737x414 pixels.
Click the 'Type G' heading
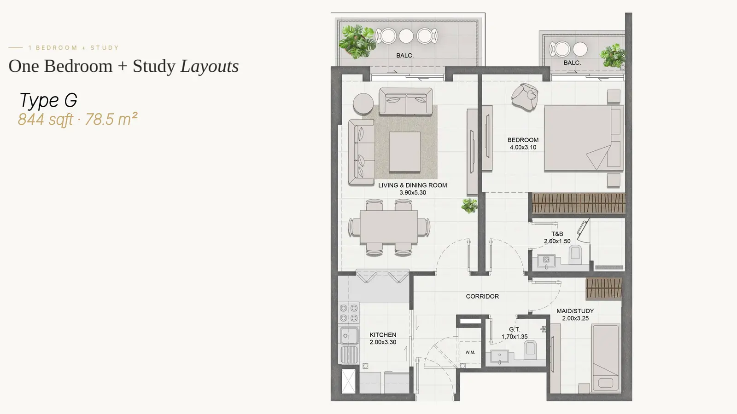click(48, 100)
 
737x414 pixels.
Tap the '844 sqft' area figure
click(46, 119)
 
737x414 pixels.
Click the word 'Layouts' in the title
click(209, 66)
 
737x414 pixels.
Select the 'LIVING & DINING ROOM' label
click(413, 185)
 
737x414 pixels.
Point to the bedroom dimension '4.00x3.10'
click(523, 147)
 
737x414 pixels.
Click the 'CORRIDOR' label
click(482, 296)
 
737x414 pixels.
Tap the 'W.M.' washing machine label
click(470, 352)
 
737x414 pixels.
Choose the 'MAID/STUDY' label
click(575, 311)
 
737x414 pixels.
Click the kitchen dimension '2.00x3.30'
click(383, 342)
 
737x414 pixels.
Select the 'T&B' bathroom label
click(557, 234)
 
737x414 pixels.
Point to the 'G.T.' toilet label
click(515, 329)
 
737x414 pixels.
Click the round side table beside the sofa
click(363, 103)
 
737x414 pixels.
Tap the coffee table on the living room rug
click(405, 152)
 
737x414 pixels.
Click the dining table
click(389, 227)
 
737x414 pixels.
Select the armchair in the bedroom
click(525, 97)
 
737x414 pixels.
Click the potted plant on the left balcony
click(357, 42)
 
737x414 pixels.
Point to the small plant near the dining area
click(469, 206)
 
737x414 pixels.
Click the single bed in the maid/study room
click(606, 358)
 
